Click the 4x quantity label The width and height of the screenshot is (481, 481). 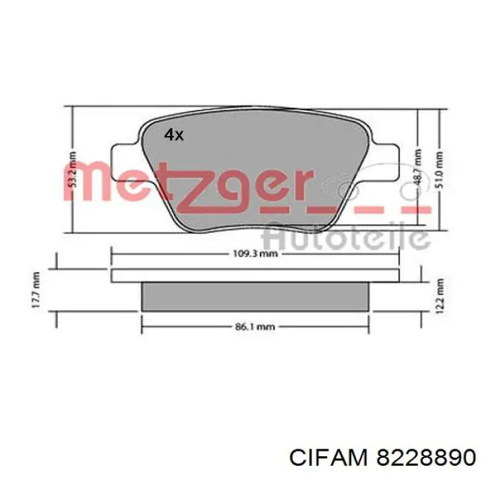(x=174, y=135)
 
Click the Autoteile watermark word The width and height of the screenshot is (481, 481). (x=347, y=237)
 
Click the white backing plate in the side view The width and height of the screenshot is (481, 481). (x=255, y=275)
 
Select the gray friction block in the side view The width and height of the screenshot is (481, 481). (x=255, y=297)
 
